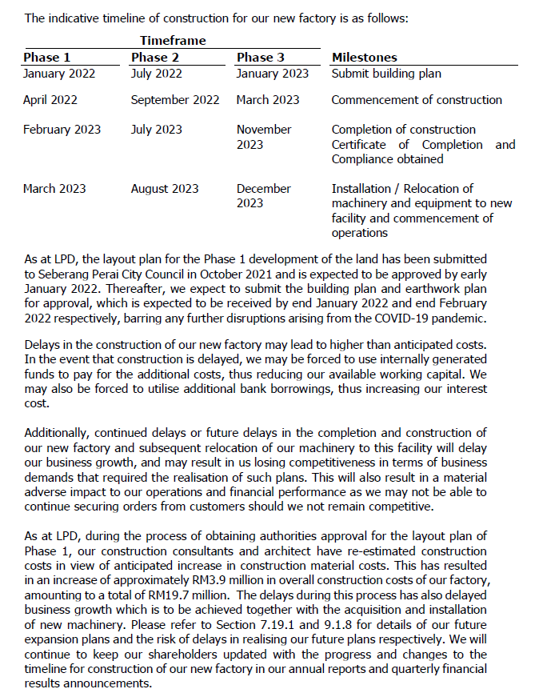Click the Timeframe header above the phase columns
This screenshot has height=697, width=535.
[x=173, y=40]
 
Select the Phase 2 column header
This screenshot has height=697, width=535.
[x=155, y=57]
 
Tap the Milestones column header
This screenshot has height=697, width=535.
[x=364, y=57]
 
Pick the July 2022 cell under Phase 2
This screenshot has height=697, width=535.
[x=156, y=74]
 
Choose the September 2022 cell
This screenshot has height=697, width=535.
[x=175, y=100]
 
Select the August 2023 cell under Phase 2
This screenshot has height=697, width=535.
[x=165, y=189]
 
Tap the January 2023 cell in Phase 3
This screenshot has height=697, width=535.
[x=272, y=74]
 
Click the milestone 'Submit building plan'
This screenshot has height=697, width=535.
[x=386, y=74]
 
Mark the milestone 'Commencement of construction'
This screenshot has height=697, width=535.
[x=417, y=100]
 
